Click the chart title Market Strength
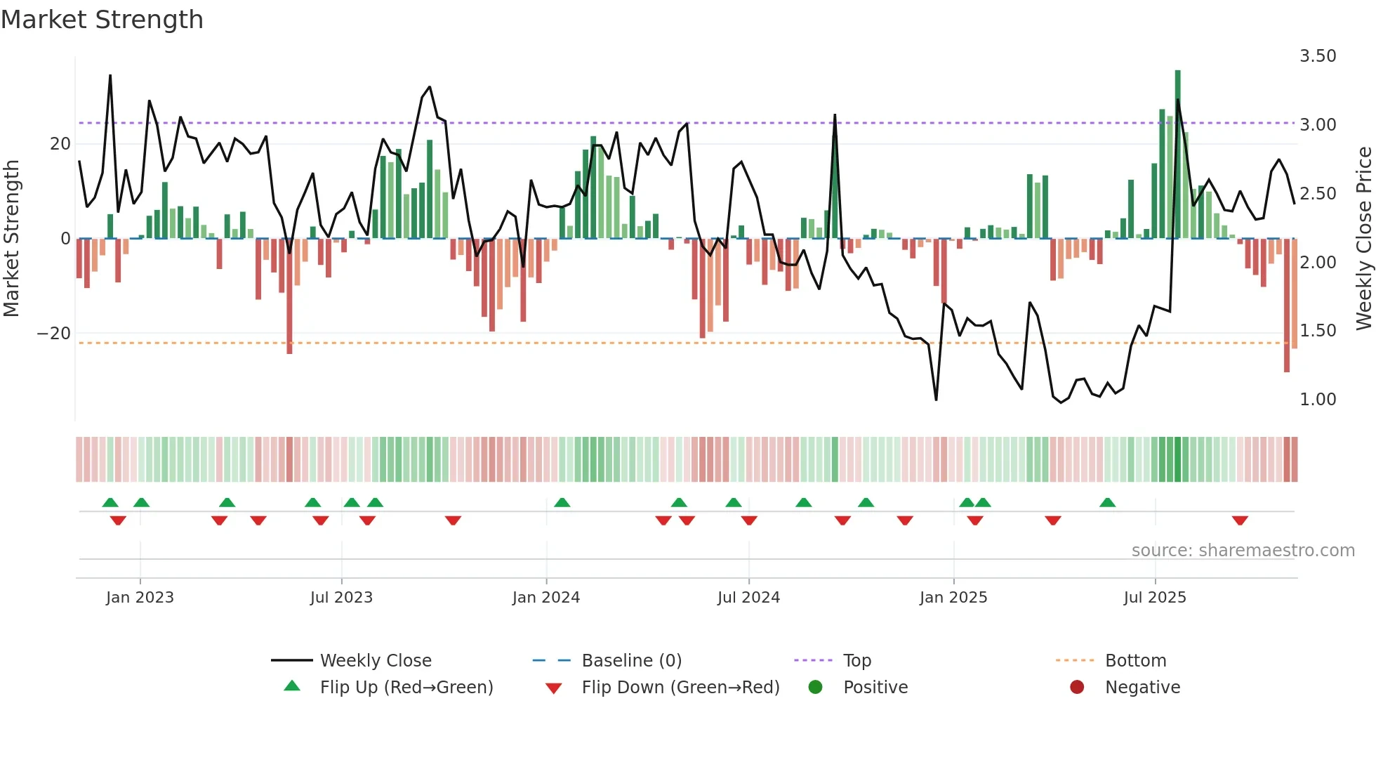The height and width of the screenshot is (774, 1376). pos(102,20)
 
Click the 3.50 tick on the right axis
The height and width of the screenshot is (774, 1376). pos(1317,56)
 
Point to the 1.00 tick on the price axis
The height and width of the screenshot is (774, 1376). pos(1317,400)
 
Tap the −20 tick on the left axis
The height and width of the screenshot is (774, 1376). pos(54,334)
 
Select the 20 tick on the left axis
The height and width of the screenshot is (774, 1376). pos(60,144)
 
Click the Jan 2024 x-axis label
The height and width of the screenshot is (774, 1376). pos(545,598)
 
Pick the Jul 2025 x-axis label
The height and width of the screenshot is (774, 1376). pos(1154,598)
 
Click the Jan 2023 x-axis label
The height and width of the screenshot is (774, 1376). pos(140,598)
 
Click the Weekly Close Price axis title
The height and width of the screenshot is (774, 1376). pos(1363,239)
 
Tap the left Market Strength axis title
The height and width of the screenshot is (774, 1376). pos(11,239)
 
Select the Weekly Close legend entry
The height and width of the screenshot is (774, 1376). pos(375,661)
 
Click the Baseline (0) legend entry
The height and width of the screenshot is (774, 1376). pos(631,661)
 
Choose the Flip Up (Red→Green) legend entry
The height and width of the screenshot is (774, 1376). pos(406,688)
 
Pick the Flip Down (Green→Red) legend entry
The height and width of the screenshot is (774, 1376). pos(680,688)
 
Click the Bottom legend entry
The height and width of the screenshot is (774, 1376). pos(1134,661)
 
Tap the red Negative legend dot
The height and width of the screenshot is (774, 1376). pos(1076,688)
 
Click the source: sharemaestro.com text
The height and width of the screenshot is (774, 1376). pos(1243,551)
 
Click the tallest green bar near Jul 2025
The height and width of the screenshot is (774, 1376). pos(1177,155)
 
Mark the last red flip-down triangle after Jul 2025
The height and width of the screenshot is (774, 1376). pos(1239,520)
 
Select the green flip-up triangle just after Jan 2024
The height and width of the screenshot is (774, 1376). pos(562,502)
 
